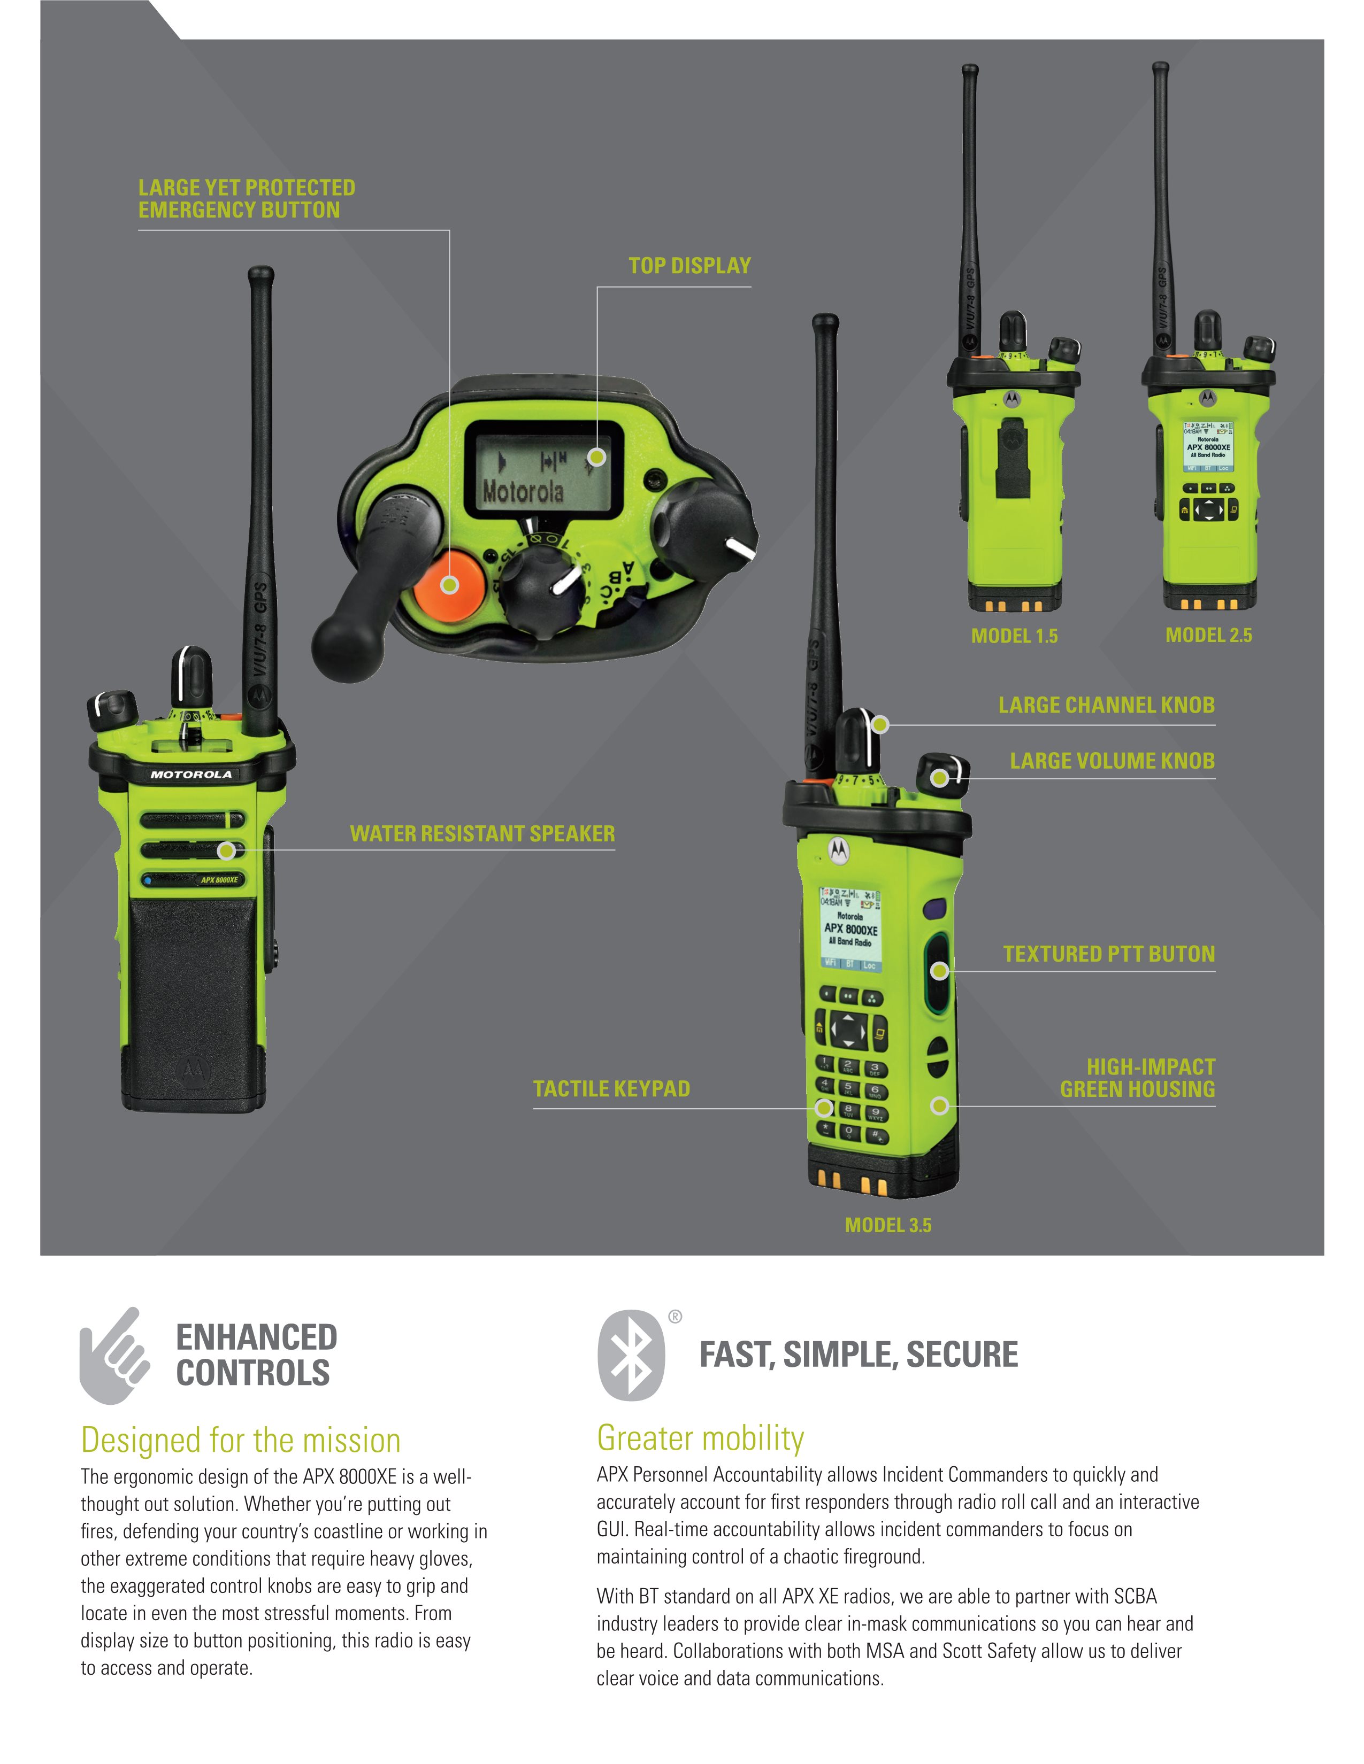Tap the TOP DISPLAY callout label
point(689,266)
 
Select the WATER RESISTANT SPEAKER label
point(481,833)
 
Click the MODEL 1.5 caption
point(1014,636)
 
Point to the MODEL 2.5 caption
point(1208,635)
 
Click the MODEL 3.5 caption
point(888,1225)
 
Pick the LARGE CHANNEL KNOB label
point(1106,705)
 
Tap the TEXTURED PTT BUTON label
point(1109,954)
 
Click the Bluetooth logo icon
point(631,1355)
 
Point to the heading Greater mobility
point(700,1438)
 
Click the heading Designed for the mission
point(241,1440)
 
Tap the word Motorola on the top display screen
point(523,490)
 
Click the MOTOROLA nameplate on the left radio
point(191,775)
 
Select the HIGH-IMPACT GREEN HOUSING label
point(1137,1078)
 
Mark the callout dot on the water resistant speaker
point(227,850)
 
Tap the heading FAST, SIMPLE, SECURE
point(858,1355)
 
